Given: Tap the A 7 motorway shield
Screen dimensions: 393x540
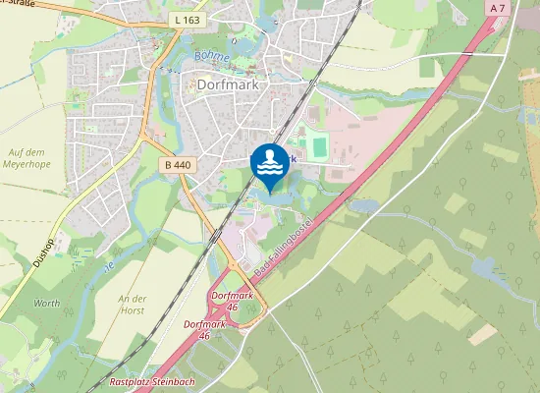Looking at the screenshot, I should (497, 8).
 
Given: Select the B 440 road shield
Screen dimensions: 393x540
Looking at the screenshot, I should (177, 165).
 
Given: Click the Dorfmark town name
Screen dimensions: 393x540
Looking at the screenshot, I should (227, 85).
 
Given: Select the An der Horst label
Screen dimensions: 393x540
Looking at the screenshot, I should (131, 305).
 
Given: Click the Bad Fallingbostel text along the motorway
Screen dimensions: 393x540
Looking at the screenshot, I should (281, 242).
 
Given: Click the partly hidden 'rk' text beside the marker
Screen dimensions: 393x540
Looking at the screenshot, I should (293, 158).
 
